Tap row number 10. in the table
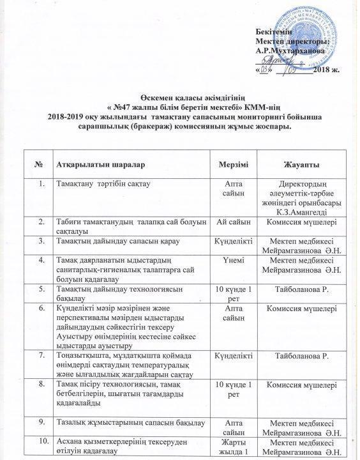[x=41, y=441]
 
